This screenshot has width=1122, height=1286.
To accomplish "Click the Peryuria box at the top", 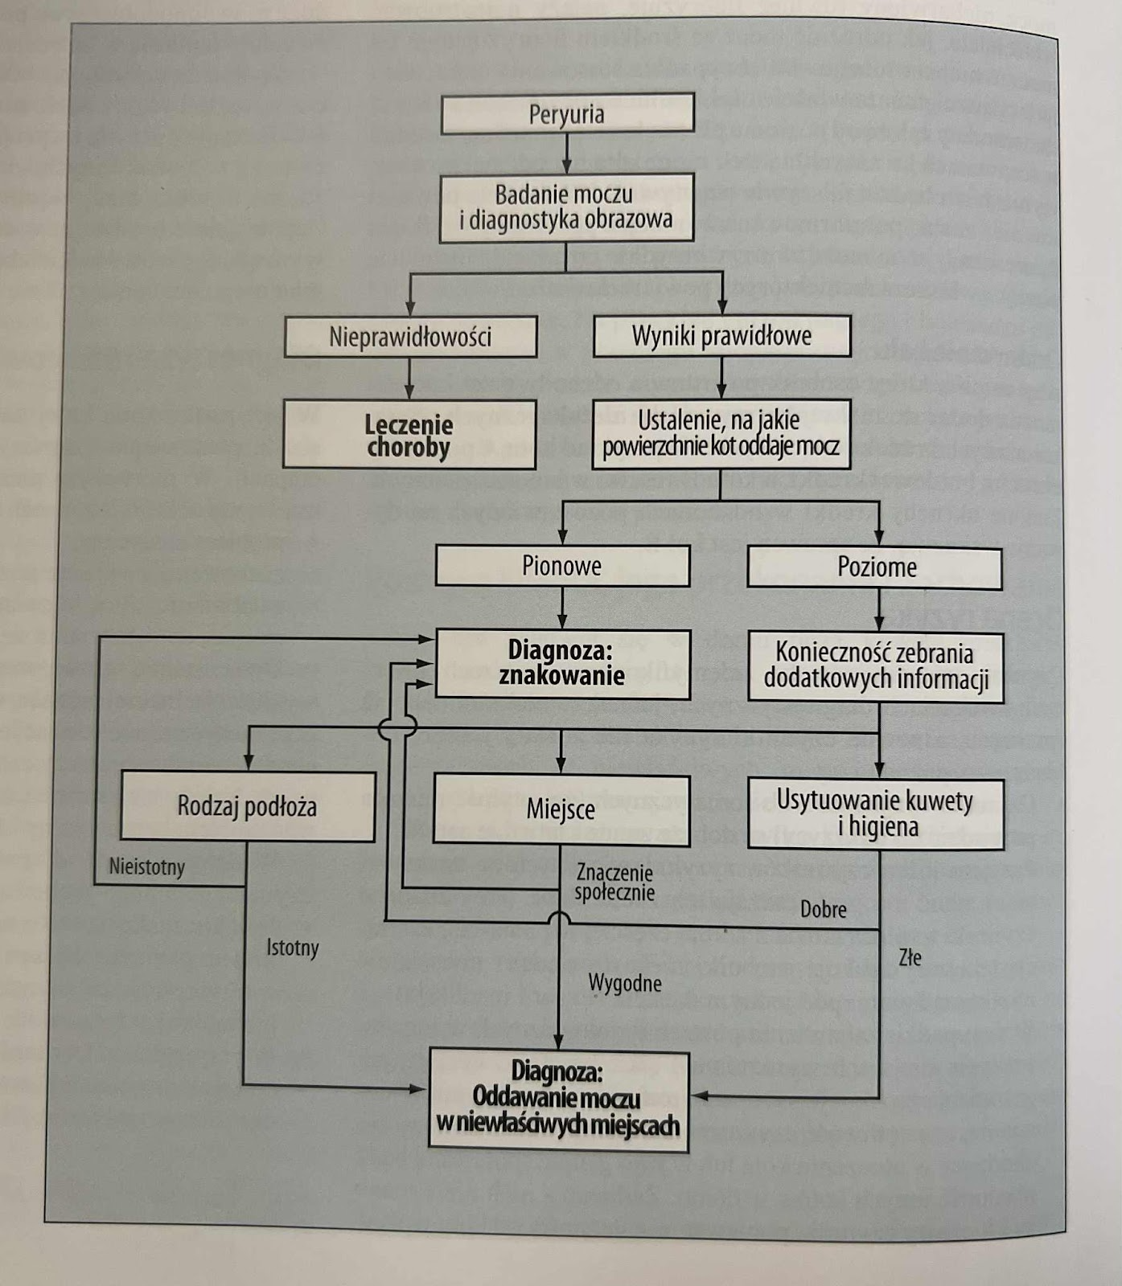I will point(567,113).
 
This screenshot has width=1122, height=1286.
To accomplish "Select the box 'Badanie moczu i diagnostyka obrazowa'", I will point(566,207).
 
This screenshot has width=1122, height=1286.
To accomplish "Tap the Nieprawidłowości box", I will point(410,337).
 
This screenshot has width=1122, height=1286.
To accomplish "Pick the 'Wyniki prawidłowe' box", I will point(721,336).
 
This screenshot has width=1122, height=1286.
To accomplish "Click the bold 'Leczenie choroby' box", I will point(409,435).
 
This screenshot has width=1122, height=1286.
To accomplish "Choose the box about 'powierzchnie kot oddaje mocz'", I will point(721,434).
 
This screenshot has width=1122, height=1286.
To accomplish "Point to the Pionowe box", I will point(562,566).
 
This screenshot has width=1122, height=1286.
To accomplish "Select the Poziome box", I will point(876,567).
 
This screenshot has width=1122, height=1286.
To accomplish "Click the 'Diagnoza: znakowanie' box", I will point(562,663).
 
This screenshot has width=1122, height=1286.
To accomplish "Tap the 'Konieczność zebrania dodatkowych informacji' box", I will point(876,666).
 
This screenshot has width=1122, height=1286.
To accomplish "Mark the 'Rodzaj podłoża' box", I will point(247,806).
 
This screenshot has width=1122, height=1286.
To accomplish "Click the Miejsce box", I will point(561,809).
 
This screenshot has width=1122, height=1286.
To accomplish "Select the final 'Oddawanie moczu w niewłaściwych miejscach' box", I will point(558,1099).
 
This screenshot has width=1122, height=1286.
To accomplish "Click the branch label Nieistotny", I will point(147,867).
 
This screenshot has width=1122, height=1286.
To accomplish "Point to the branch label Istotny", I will point(293,948).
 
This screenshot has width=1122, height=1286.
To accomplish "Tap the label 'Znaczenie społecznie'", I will point(614,882).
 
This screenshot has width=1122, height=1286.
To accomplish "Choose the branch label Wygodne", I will point(625,983).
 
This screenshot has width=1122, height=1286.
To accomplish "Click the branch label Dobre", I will point(823,909).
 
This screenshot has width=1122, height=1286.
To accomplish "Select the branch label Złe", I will point(910,957).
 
